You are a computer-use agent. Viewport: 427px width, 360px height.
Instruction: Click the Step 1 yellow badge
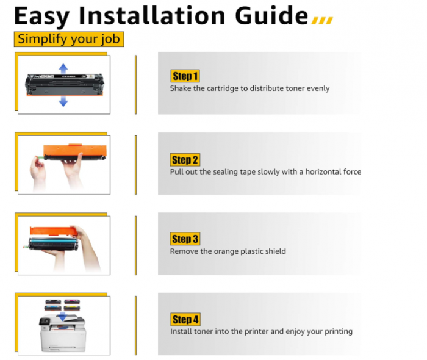click(185, 76)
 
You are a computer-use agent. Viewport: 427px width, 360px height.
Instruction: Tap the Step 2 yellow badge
click(185, 160)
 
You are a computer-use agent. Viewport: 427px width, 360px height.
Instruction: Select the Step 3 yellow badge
click(185, 239)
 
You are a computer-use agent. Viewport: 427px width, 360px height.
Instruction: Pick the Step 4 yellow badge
click(185, 319)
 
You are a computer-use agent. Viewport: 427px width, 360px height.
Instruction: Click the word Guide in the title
click(271, 15)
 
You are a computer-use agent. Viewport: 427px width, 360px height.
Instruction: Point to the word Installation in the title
click(152, 15)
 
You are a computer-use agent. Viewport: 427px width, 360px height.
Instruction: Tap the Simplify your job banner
click(69, 39)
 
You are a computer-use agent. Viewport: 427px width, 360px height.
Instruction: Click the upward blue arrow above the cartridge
click(63, 68)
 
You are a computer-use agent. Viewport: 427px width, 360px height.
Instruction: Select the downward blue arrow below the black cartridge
click(63, 101)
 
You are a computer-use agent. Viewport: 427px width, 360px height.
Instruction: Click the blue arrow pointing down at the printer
click(63, 317)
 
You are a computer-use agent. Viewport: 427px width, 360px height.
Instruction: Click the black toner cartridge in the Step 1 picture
click(65, 85)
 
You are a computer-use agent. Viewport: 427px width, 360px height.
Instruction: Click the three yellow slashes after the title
click(322, 20)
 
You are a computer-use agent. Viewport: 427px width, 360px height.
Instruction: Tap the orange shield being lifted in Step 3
click(54, 231)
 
